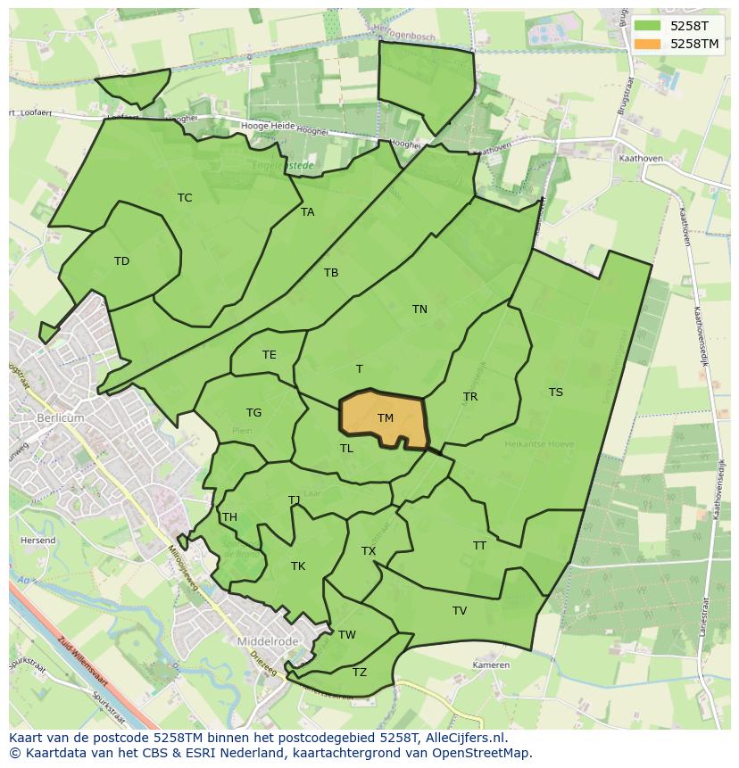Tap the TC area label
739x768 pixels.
point(185,198)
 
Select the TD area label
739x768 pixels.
point(121,261)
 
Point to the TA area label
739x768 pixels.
point(308,212)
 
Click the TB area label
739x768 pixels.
point(331,273)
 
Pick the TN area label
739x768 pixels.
point(419,310)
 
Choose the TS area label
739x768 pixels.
point(556,392)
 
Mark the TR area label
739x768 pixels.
point(470,397)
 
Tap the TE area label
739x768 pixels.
point(270,355)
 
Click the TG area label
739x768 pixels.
point(254,413)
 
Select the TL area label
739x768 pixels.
point(346,449)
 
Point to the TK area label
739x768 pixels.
point(298,566)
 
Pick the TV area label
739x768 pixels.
point(460,611)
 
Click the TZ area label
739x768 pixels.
point(360,673)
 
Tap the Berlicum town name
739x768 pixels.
point(61,417)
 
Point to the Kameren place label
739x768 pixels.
point(491,665)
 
